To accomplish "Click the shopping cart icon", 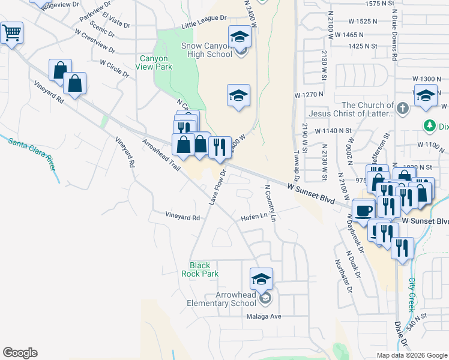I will [x=12, y=33].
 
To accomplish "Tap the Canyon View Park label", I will [x=155, y=62].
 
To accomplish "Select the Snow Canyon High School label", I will [x=206, y=50].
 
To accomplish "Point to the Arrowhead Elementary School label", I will [x=236, y=299].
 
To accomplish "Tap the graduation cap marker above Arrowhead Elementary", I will [x=261, y=279].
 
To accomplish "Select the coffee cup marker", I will [x=363, y=211].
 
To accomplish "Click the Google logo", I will [x=20, y=353].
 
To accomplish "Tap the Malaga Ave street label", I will [x=265, y=316].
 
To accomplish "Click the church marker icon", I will [x=403, y=109].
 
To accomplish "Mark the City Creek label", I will [x=412, y=294].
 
